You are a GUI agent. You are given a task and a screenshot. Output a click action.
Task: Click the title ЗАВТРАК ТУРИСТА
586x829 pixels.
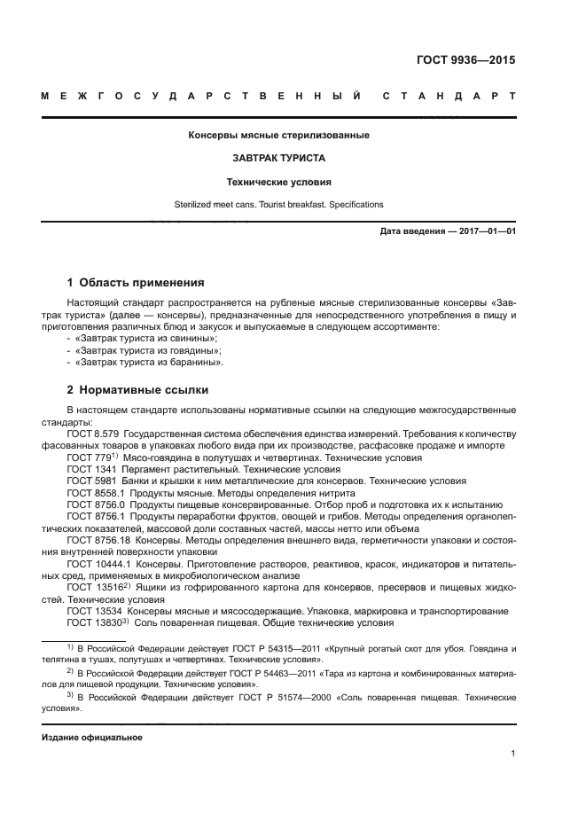[278, 159]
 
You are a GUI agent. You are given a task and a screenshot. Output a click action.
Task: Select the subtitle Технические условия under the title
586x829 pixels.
[278, 182]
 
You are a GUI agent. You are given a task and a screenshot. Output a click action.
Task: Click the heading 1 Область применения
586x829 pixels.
[136, 283]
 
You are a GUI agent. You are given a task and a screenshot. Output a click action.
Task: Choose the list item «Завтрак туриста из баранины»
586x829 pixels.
[148, 363]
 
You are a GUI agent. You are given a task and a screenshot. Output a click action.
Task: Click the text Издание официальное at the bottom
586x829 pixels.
[92, 737]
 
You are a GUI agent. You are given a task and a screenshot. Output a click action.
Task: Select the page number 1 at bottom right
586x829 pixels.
[513, 754]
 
